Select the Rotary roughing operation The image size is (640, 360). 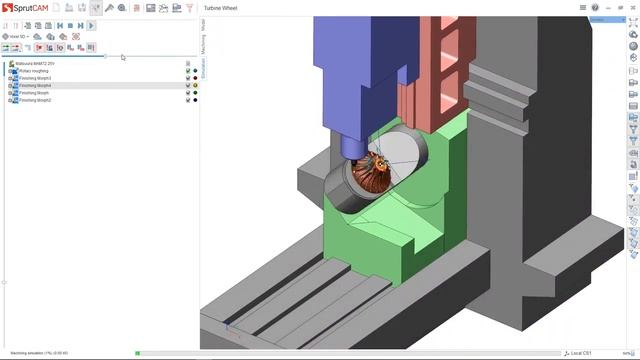click(35, 71)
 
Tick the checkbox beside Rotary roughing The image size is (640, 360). click(187, 71)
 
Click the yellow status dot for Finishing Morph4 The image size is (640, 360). click(194, 86)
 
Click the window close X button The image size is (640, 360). click(631, 7)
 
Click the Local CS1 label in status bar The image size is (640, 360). click(582, 353)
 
